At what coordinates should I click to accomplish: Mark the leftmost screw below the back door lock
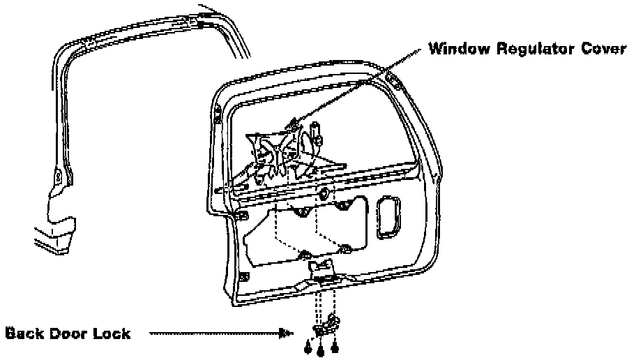coord(308,347)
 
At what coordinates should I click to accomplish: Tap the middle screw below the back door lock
coord(321,348)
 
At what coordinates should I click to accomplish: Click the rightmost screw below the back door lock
coord(335,345)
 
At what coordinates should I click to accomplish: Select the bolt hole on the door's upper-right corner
coord(395,82)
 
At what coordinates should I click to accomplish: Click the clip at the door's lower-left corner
coord(242,277)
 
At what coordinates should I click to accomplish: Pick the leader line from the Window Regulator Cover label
coord(363,84)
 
